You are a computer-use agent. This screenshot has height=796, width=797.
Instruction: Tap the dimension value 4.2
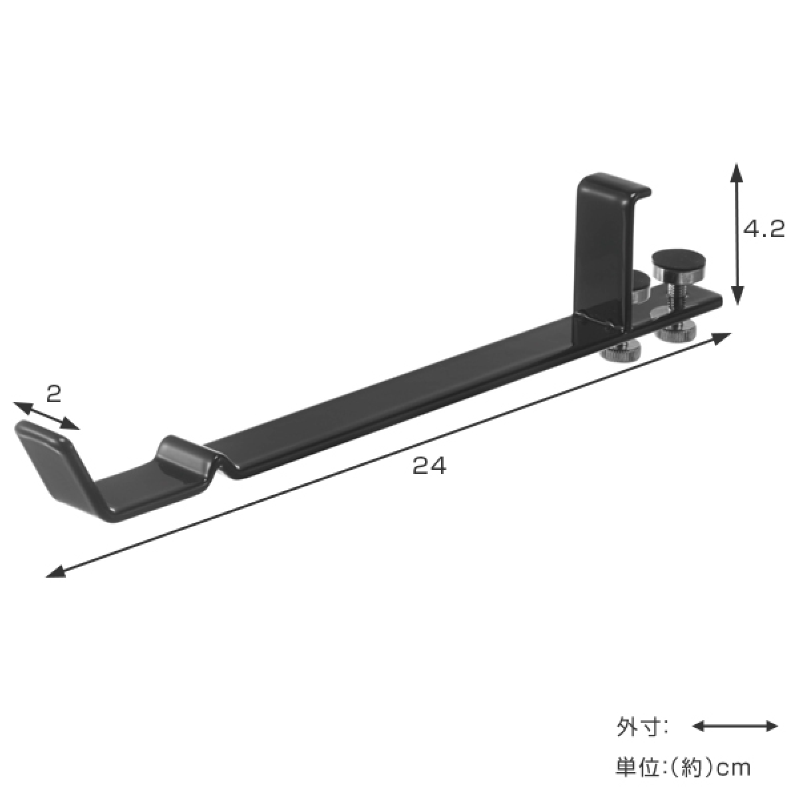click(764, 230)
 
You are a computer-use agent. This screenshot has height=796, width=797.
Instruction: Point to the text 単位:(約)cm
click(683, 767)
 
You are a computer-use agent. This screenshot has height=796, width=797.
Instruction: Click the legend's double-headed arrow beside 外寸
click(735, 727)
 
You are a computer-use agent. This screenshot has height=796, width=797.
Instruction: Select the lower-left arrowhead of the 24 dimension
click(55, 572)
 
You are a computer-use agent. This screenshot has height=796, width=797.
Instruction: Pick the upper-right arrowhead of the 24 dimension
click(721, 338)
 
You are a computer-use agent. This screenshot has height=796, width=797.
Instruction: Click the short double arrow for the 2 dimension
click(47, 415)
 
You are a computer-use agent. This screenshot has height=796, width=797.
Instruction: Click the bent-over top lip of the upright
click(615, 187)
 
